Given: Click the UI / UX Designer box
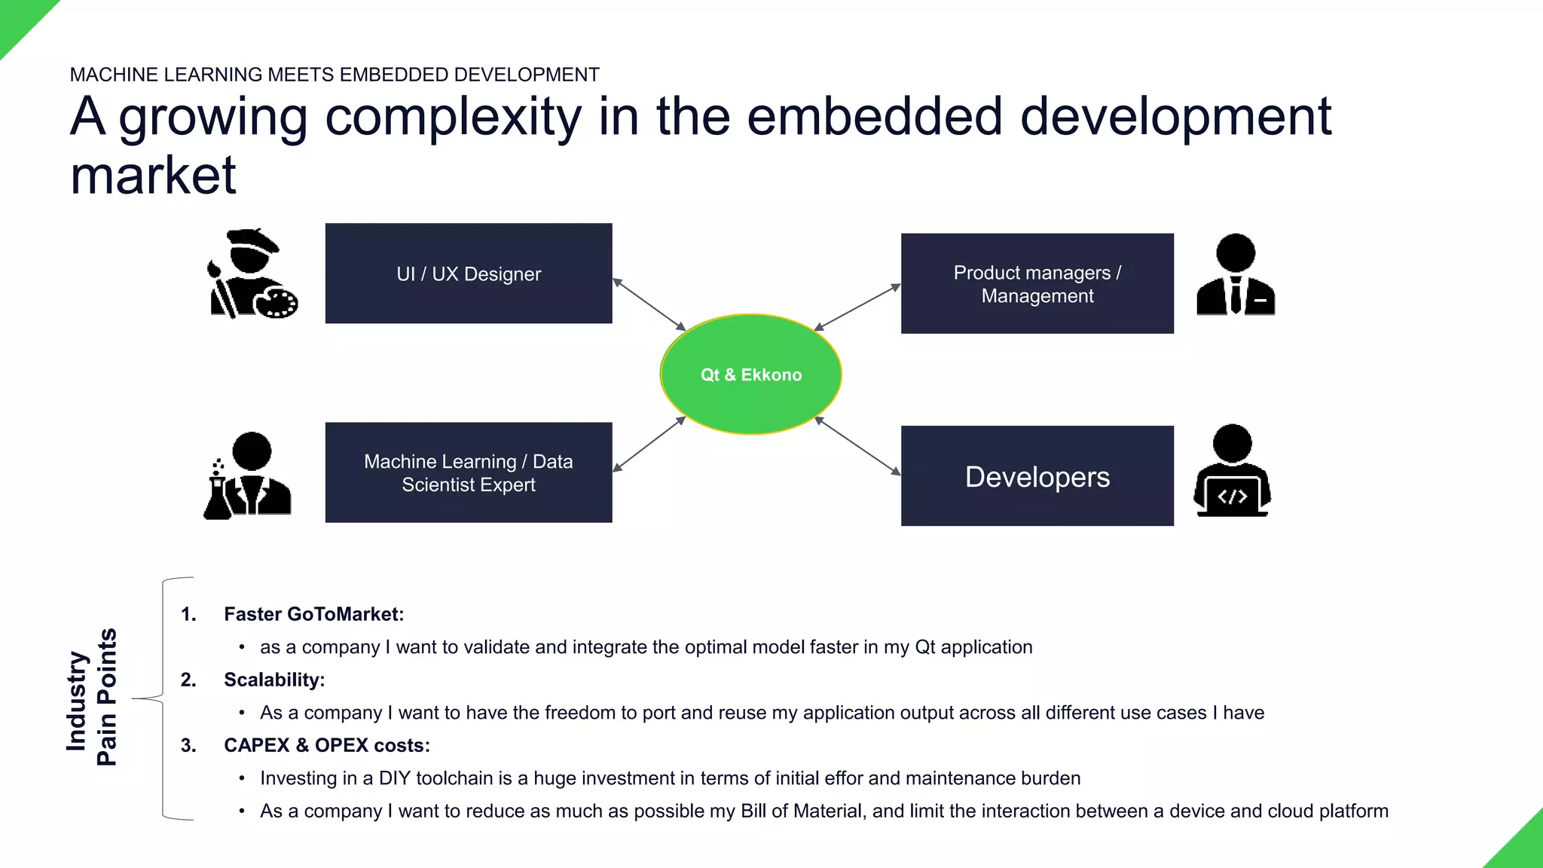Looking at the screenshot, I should (468, 274).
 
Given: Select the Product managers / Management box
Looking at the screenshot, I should (1037, 283).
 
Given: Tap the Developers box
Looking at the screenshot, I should (1037, 476).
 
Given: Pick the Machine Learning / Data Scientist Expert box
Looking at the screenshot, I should (468, 472).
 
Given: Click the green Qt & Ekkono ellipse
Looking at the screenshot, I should (750, 374).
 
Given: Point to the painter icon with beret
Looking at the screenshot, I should (252, 274).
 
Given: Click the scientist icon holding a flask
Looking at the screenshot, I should (247, 475).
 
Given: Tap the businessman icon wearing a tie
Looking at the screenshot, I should (1236, 275).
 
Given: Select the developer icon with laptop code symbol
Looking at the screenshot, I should (1233, 471).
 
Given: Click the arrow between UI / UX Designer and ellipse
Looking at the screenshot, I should (649, 304).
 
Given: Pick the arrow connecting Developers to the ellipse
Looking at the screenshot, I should (857, 446).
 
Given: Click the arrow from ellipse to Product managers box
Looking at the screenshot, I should (857, 307).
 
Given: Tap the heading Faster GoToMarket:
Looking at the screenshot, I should (313, 614).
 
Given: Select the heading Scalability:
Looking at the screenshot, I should (274, 680).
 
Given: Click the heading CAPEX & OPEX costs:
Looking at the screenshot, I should (326, 745).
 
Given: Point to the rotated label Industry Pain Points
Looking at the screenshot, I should (92, 698).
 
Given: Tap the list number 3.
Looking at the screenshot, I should (188, 745).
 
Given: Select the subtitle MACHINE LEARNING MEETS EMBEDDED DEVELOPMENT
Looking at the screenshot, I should (335, 75).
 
